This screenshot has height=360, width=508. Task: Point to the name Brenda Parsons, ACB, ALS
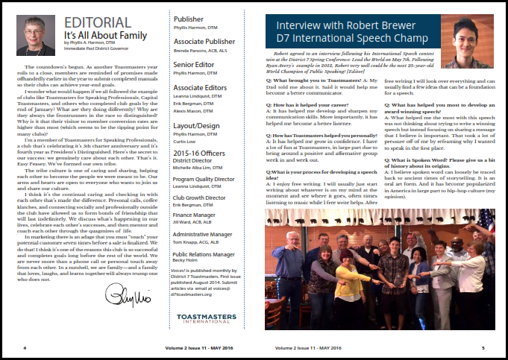201,54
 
